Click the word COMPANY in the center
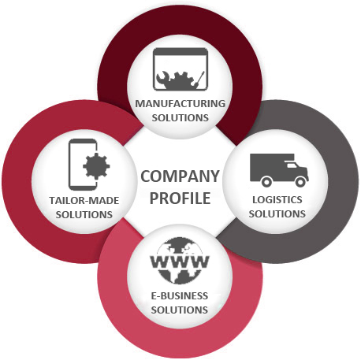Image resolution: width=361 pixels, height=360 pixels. (x=180, y=176)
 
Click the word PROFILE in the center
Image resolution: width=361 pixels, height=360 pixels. (x=180, y=198)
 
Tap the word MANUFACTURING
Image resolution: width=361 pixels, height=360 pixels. (x=180, y=103)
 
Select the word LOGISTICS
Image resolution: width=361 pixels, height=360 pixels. (x=277, y=200)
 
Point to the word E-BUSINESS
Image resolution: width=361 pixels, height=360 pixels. (x=180, y=296)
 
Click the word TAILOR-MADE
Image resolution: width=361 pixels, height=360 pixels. (x=84, y=201)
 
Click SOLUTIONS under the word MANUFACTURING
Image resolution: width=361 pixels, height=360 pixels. (x=180, y=117)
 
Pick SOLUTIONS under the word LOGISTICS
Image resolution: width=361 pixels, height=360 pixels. (x=277, y=213)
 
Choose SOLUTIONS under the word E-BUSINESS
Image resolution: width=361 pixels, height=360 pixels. (x=180, y=310)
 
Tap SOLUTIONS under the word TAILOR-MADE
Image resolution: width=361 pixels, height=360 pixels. (x=84, y=215)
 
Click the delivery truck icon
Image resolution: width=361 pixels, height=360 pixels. (x=279, y=170)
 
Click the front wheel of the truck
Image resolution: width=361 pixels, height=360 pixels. (x=300, y=181)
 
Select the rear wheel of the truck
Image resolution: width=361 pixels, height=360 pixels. (x=266, y=181)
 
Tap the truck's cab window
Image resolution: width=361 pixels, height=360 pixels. (x=292, y=165)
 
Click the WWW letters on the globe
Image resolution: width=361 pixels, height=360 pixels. (x=180, y=262)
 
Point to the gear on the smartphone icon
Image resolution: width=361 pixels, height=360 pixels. (x=96, y=166)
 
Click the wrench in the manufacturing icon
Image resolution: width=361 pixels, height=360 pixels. (x=164, y=78)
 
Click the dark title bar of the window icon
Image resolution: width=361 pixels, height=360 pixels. (x=180, y=51)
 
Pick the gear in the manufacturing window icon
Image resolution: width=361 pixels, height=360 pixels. (x=182, y=80)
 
